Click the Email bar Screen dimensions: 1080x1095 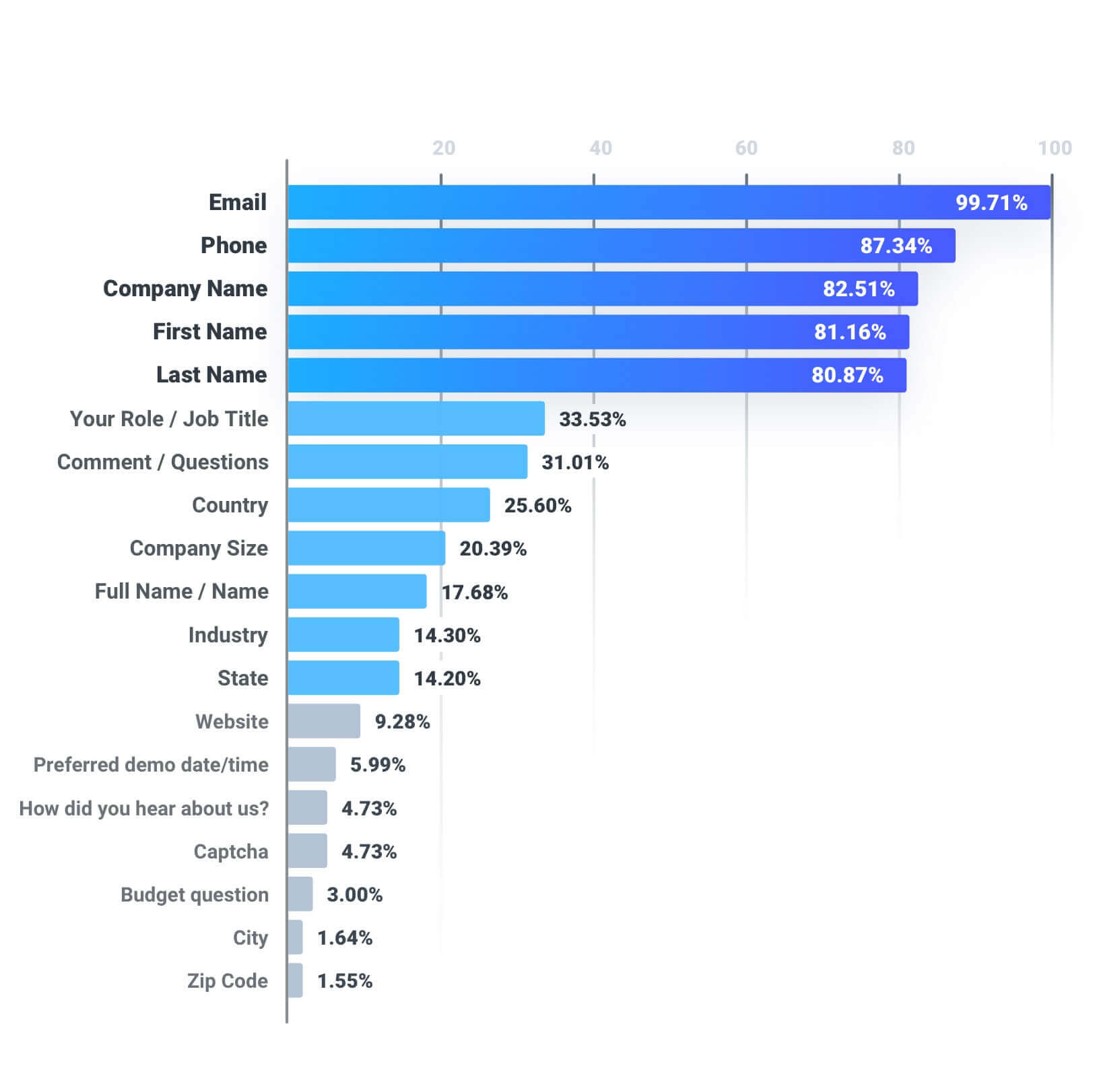(x=669, y=202)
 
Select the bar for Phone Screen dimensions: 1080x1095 (x=621, y=245)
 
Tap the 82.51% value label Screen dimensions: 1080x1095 (x=859, y=289)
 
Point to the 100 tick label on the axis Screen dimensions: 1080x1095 (x=1055, y=148)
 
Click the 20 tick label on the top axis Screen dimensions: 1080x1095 (x=444, y=148)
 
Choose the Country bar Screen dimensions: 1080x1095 (x=389, y=505)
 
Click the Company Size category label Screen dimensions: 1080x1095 (x=199, y=548)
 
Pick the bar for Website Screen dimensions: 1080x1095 (x=324, y=721)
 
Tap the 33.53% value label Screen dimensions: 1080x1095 (x=593, y=419)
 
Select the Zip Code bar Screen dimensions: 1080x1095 (x=295, y=980)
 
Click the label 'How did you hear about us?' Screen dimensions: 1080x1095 (x=143, y=808)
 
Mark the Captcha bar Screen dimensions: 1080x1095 (x=307, y=851)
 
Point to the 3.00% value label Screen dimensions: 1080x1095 (x=355, y=895)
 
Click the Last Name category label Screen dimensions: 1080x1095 (x=211, y=374)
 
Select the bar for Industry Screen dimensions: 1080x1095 (x=343, y=635)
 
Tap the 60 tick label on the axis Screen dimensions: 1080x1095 (x=746, y=148)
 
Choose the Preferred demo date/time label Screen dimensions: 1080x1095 (x=151, y=765)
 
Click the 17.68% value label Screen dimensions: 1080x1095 (x=475, y=593)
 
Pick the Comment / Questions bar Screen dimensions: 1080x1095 (x=407, y=462)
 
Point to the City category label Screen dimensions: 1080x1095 (x=251, y=937)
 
